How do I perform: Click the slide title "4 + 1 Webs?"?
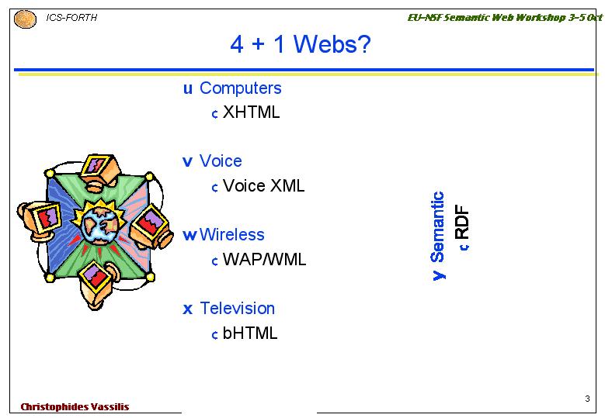click(301, 43)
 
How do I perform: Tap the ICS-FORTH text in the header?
click(71, 18)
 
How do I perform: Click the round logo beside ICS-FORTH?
click(25, 19)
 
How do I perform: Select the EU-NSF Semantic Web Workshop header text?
click(505, 17)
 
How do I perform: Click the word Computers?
click(241, 88)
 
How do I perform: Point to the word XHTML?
click(251, 112)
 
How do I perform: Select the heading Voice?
click(221, 161)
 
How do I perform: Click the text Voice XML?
click(263, 185)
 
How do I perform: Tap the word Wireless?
click(231, 235)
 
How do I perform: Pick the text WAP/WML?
click(264, 259)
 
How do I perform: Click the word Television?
click(237, 308)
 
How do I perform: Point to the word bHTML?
click(250, 333)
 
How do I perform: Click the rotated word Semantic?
click(437, 227)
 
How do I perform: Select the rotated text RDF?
click(462, 222)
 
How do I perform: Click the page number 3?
click(587, 399)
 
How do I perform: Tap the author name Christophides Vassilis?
click(75, 407)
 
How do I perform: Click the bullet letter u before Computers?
click(187, 89)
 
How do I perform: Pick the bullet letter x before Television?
click(187, 309)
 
